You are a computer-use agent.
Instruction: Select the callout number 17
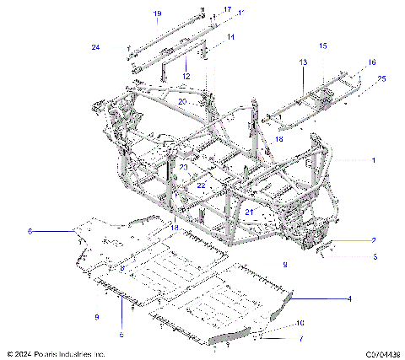(227, 9)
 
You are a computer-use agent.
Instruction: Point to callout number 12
(186, 76)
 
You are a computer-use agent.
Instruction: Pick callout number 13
(302, 63)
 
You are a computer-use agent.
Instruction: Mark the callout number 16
(371, 62)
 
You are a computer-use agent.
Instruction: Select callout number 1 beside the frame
(373, 159)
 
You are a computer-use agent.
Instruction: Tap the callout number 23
(183, 167)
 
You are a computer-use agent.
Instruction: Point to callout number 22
(201, 185)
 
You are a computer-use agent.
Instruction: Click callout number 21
(249, 212)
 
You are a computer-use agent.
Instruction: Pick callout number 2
(373, 239)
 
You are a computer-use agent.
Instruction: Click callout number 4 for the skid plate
(373, 298)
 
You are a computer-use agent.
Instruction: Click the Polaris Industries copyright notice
(56, 353)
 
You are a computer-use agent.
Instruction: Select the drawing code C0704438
(382, 353)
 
